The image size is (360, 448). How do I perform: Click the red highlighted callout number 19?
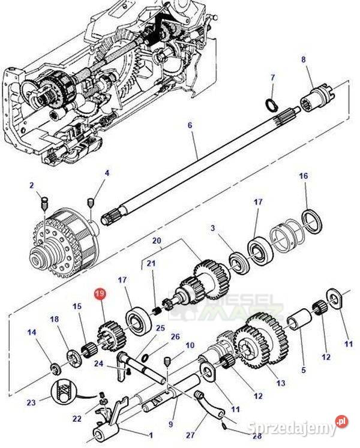point(99,294)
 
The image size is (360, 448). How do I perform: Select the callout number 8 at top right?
point(303,59)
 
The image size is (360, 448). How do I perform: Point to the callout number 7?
point(272,78)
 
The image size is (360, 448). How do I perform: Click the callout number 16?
point(303,176)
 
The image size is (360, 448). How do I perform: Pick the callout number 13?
point(281,383)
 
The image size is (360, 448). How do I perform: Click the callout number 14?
point(32,332)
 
